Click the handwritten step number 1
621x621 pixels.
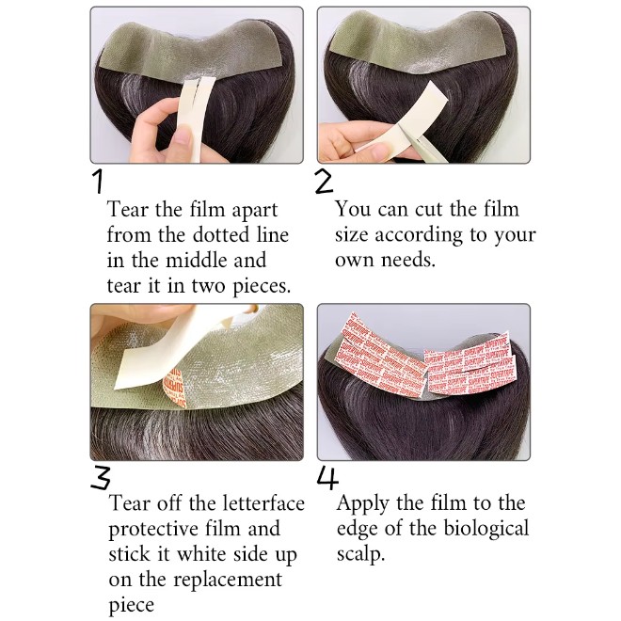coord(99,182)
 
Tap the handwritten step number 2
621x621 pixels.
coord(324,183)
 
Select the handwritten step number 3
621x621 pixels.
coord(100,478)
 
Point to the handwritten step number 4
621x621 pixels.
coord(328,478)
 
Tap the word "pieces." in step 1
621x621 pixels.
coord(262,286)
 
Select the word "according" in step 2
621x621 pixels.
coord(419,235)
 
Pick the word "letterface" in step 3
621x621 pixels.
coord(263,503)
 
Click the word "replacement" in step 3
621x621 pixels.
coord(228,581)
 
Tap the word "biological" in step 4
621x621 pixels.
coord(486,529)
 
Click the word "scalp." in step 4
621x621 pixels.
coord(360,554)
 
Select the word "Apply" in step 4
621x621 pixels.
coord(363,504)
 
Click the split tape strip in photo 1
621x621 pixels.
coord(196,118)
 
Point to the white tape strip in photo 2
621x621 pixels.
coord(402,118)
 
